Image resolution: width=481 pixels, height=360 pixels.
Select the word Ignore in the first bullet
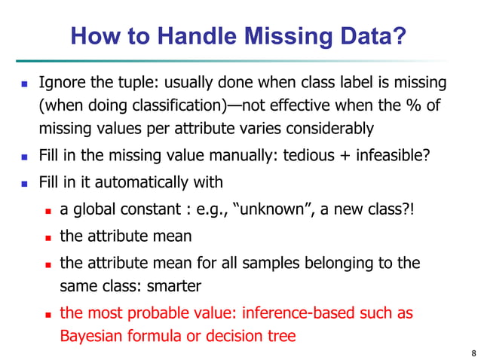(x=62, y=81)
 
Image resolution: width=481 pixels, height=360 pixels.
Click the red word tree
(x=280, y=336)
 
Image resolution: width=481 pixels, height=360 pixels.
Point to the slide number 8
(x=472, y=352)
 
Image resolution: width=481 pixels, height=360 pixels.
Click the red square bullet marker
(x=48, y=313)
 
